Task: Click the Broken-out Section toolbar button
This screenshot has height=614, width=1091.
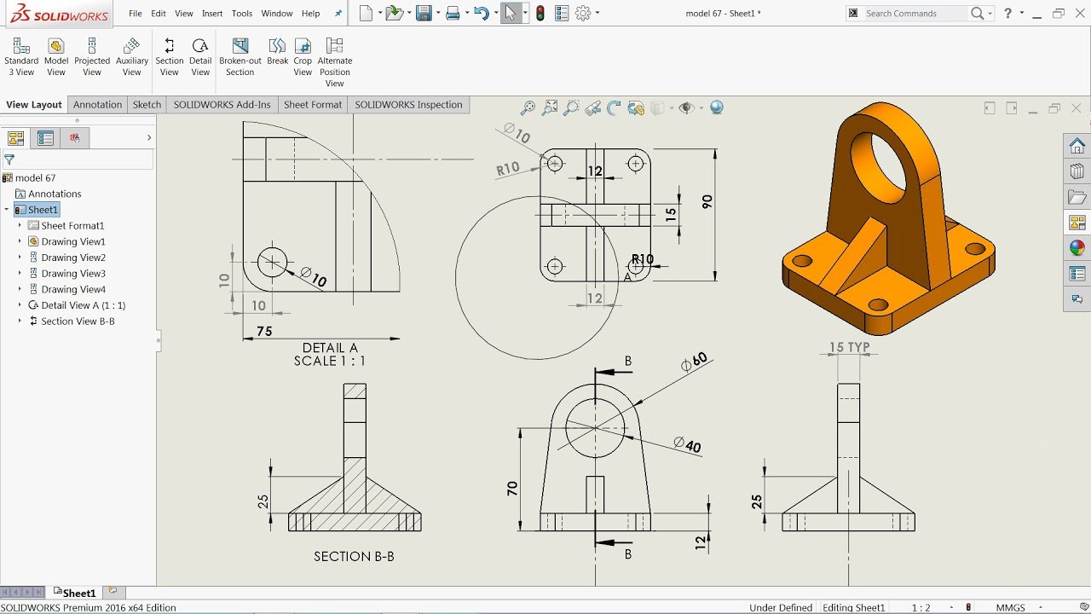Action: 240,56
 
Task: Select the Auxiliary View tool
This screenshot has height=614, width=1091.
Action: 131,56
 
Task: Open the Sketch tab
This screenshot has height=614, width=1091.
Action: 147,105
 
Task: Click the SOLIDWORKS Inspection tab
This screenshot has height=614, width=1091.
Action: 408,105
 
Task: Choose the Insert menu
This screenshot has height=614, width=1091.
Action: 212,14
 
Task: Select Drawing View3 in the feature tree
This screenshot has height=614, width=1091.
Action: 73,274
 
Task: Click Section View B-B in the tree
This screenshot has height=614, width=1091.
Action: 78,321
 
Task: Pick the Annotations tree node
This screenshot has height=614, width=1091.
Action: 55,194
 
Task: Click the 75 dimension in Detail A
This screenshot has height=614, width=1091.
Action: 264,331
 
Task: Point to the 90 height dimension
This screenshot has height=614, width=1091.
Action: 707,202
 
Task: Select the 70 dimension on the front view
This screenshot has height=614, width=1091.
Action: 512,489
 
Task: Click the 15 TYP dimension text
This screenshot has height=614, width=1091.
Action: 849,348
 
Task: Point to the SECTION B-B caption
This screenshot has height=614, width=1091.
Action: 354,556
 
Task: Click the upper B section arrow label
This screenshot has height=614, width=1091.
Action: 628,362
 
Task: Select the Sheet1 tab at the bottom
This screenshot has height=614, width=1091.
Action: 79,593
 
